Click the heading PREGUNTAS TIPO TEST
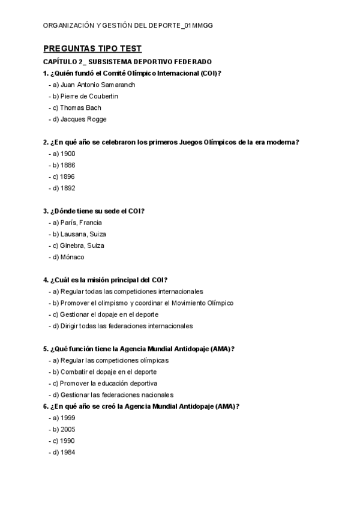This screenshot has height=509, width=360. [92, 49]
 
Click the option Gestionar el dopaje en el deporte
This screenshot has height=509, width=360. [105, 315]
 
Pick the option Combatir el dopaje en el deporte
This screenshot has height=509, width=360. [106, 372]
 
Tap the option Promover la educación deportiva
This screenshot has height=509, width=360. [106, 384]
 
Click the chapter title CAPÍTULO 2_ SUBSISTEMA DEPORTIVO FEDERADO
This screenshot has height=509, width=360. [127, 62]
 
